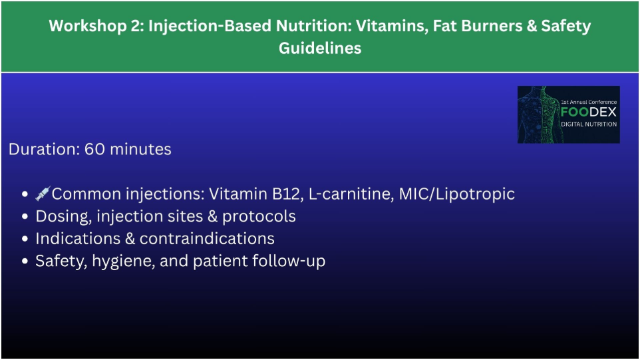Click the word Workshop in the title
[x=88, y=26]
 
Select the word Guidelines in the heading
[x=320, y=48]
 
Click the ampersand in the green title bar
[x=532, y=26]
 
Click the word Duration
[x=44, y=149]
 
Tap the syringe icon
[x=43, y=193]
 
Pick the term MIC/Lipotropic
[x=457, y=194]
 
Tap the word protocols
[x=259, y=217]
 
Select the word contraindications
[x=207, y=239]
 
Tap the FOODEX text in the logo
[x=589, y=112]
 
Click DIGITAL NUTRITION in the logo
[x=589, y=124]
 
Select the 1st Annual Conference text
[x=589, y=102]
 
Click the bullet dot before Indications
[x=25, y=239]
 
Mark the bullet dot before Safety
[x=25, y=262]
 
